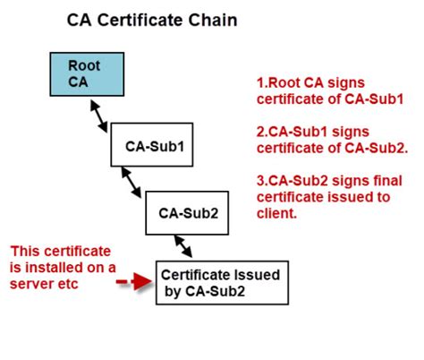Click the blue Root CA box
click(x=87, y=74)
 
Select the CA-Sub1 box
click(x=152, y=144)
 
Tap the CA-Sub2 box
click(x=187, y=213)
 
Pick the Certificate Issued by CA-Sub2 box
click(x=222, y=283)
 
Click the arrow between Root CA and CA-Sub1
click(x=98, y=116)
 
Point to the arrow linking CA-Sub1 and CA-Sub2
click(x=131, y=182)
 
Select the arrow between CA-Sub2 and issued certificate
click(x=183, y=246)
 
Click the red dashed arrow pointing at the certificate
click(x=134, y=281)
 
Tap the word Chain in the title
click(x=213, y=20)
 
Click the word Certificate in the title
click(x=140, y=20)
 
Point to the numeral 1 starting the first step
click(x=260, y=82)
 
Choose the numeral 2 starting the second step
click(x=260, y=132)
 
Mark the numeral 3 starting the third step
click(x=260, y=181)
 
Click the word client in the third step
click(x=276, y=213)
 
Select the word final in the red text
click(x=388, y=181)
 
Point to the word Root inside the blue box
click(x=84, y=65)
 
